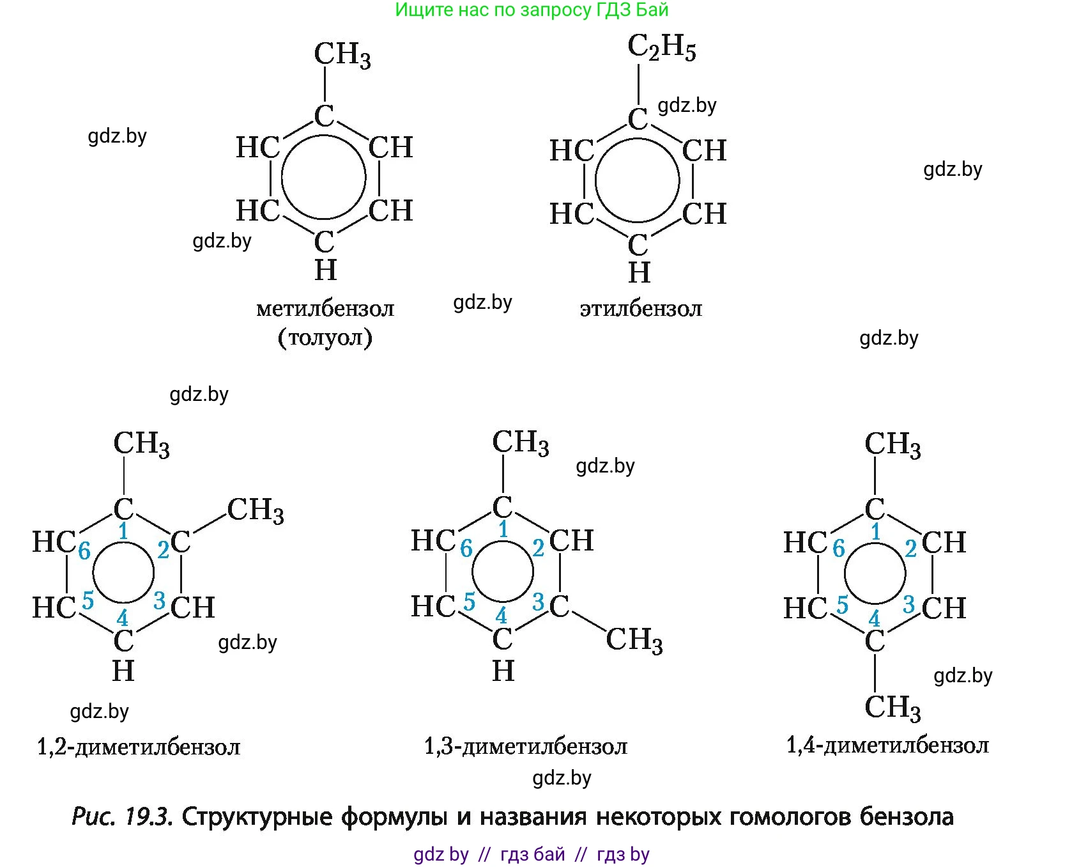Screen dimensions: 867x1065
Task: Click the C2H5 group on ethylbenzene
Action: click(661, 48)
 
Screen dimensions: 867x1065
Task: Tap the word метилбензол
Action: click(325, 309)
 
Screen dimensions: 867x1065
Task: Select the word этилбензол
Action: click(641, 309)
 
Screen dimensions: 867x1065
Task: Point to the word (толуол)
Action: click(325, 337)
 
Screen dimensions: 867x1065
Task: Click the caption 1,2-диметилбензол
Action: click(139, 746)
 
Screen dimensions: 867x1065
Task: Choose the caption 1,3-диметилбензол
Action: click(526, 746)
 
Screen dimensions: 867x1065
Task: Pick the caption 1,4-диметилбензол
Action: click(887, 745)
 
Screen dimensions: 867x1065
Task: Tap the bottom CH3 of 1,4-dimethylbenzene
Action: click(893, 708)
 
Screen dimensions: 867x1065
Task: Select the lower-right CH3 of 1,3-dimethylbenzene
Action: click(634, 639)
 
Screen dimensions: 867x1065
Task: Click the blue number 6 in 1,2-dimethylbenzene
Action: click(84, 551)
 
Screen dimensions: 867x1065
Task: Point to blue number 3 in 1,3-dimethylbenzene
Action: click(538, 602)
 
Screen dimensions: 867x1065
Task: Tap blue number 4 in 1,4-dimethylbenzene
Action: click(874, 619)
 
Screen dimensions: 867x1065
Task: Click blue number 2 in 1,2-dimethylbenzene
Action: click(163, 549)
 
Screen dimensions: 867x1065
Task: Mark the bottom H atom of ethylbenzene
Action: click(639, 273)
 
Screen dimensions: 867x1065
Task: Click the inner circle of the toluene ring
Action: click(324, 178)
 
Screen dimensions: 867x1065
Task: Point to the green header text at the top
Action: click(532, 10)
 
